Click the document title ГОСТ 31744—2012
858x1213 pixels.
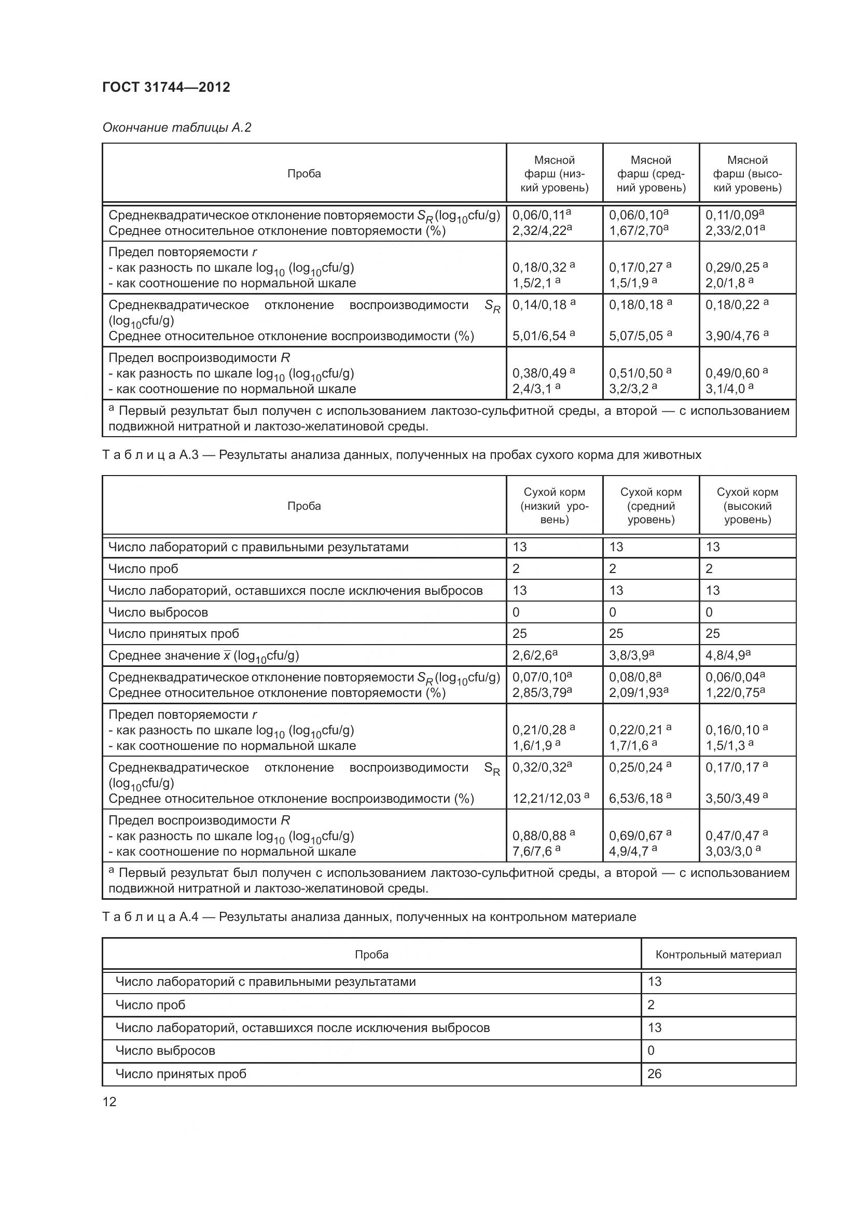(166, 87)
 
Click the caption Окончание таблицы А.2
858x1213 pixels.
(176, 128)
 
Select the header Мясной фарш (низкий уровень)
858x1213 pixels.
(553, 174)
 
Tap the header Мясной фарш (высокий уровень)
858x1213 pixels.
(747, 174)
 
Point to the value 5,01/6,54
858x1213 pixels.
(539, 336)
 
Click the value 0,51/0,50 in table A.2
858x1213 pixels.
(635, 373)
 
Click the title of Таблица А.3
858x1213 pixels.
(402, 455)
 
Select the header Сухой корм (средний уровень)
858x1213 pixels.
(651, 506)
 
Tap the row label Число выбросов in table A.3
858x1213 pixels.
(158, 612)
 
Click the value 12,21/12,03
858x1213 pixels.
(547, 799)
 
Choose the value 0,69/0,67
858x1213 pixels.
(635, 836)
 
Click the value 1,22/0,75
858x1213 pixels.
(731, 693)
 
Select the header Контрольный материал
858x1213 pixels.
(718, 955)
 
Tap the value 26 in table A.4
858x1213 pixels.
(654, 1073)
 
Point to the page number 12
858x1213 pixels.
(109, 1102)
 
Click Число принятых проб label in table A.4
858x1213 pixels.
(181, 1073)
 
